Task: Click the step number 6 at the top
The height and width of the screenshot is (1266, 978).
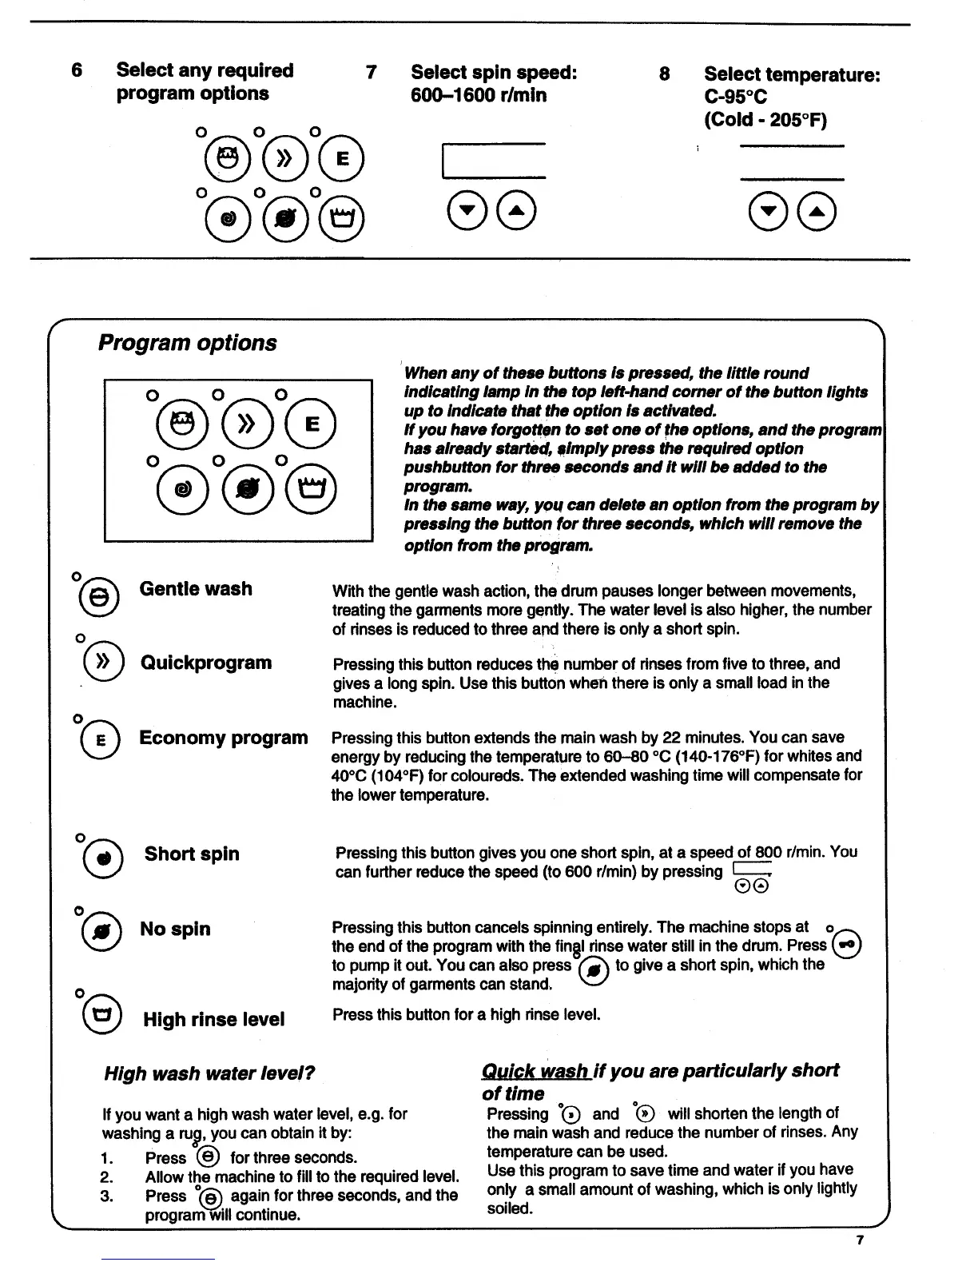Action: (x=77, y=70)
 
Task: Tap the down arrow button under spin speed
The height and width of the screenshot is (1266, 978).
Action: (x=466, y=211)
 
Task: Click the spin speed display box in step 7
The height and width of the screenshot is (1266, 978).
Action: (x=493, y=161)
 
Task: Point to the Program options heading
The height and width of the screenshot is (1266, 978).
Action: (x=187, y=343)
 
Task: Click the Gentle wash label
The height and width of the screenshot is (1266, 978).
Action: (x=196, y=589)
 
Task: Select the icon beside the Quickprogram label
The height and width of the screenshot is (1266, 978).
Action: (x=101, y=663)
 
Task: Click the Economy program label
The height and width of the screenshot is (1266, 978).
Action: (x=223, y=738)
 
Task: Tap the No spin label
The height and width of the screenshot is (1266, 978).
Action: (x=175, y=929)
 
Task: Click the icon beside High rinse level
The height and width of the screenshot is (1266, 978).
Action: (x=102, y=1017)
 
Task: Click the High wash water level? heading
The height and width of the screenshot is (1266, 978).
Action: (x=209, y=1073)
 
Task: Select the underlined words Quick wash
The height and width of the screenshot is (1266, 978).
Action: (x=535, y=1071)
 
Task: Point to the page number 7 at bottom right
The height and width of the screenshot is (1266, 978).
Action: (x=860, y=1240)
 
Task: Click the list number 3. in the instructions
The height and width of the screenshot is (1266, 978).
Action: (x=107, y=1196)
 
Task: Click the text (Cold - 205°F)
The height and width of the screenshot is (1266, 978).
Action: (x=765, y=120)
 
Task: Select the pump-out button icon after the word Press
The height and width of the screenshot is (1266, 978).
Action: (x=847, y=946)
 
